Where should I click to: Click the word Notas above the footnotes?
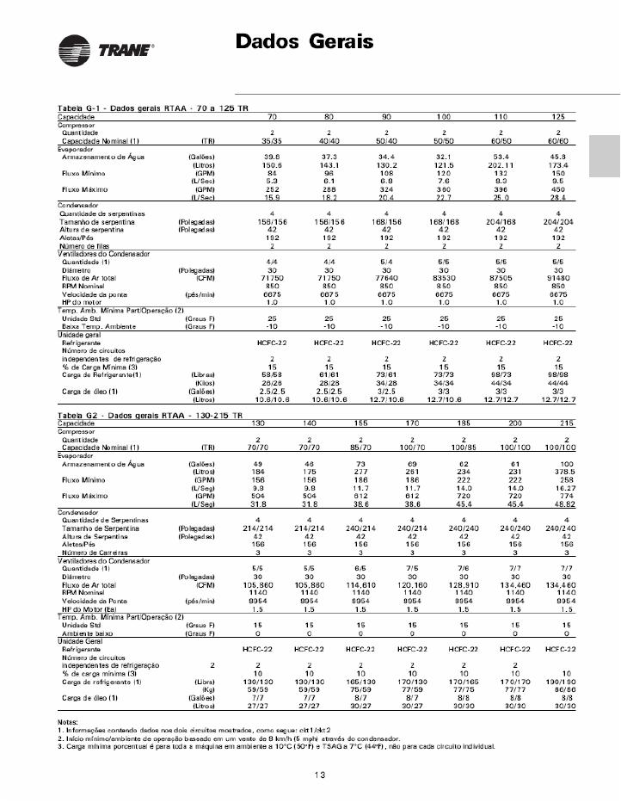coord(69,720)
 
